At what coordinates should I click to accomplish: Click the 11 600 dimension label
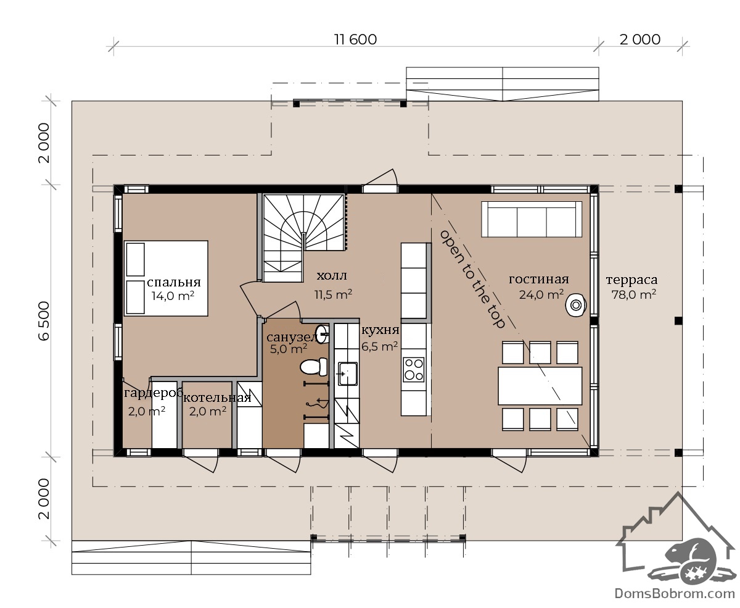tap(355, 40)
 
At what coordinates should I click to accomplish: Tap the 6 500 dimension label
tap(44, 321)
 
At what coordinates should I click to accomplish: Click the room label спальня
tap(174, 282)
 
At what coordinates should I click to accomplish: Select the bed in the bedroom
tap(166, 278)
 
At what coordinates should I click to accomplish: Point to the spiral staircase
tap(303, 238)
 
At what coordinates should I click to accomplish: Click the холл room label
tap(332, 276)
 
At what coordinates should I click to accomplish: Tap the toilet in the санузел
tap(314, 367)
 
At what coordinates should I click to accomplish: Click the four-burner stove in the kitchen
tap(414, 370)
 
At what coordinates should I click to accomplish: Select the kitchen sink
tap(347, 373)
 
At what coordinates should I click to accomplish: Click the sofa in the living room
tap(531, 219)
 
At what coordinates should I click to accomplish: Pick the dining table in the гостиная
tap(540, 386)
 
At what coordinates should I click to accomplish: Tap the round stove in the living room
tap(576, 305)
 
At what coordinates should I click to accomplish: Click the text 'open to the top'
tap(472, 279)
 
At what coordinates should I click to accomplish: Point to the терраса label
tap(631, 280)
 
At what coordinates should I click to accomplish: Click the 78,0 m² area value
tap(634, 294)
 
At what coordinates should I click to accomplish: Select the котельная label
tap(217, 398)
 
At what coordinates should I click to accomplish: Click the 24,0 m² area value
tap(541, 294)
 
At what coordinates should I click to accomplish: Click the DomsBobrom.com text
tap(675, 594)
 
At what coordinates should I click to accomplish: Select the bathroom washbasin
tap(322, 334)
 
